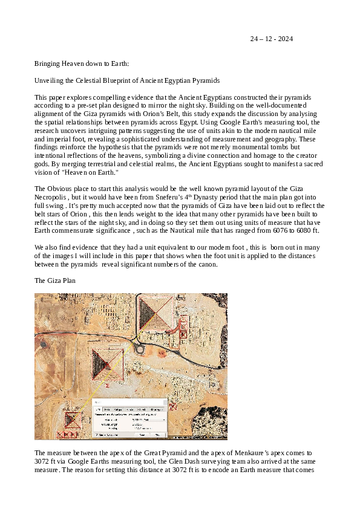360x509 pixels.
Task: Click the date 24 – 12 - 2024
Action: [272, 39]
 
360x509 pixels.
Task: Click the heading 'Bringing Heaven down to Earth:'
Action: [82, 63]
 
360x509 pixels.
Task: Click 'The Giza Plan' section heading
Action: [55, 280]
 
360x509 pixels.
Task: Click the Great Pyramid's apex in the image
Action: [157, 313]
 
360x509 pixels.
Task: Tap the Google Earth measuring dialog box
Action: [129, 418]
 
